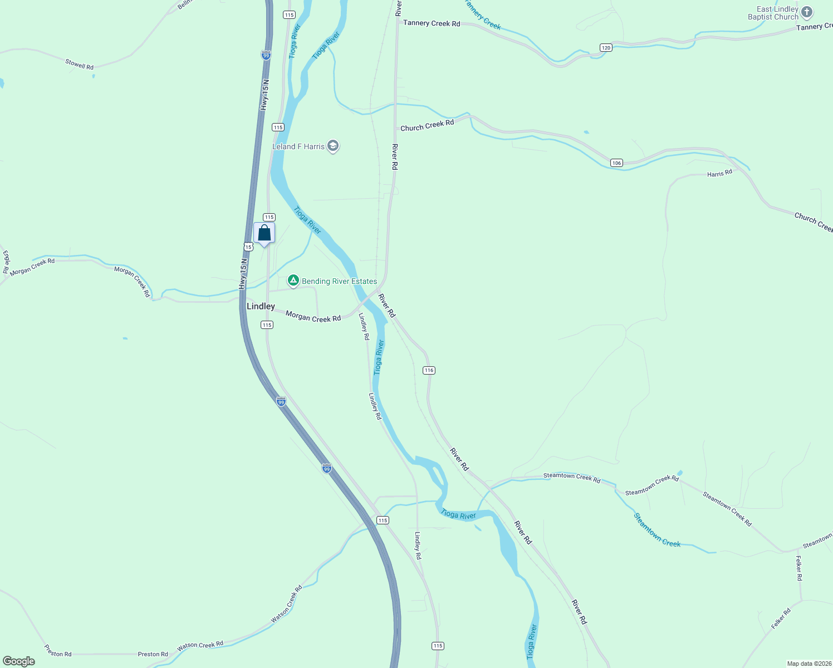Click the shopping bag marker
coord(264,233)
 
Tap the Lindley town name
coord(261,306)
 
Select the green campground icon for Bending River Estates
coord(293,281)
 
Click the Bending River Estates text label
coord(339,281)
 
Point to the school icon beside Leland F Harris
coord(333,146)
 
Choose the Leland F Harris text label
coord(298,146)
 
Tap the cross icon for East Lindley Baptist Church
coord(807,12)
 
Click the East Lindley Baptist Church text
coord(773,13)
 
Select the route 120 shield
coord(606,48)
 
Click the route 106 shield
coord(616,163)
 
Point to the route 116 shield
coord(428,370)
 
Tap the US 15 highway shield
coord(248,246)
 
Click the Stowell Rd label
coord(79,65)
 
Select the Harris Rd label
coord(719,174)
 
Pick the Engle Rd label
coord(6,262)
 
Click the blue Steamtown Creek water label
coord(657,530)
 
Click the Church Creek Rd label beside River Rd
coord(427,126)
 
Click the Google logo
coord(18,661)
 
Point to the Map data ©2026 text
coord(808,664)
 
